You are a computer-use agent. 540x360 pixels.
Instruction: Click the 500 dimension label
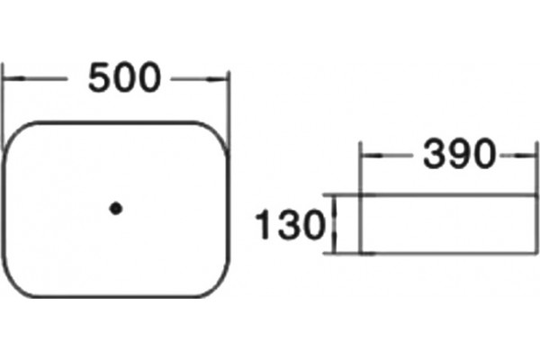[x=125, y=77]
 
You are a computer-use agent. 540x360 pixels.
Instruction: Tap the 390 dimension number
[x=459, y=154]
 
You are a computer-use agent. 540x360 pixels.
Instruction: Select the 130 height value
[x=290, y=224]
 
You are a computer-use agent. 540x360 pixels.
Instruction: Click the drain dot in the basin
[x=116, y=209]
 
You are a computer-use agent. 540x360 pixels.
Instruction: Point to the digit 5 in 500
[x=100, y=77]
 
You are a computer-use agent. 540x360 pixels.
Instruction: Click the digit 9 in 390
[x=459, y=154]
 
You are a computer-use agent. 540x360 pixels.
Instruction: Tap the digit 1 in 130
[x=263, y=224]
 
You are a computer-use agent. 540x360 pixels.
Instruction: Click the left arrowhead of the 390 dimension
[x=372, y=156]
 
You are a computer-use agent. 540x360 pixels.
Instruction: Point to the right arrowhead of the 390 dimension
[x=526, y=156]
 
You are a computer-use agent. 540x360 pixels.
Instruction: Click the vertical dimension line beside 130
[x=333, y=224]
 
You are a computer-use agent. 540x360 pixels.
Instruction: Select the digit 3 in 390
[x=435, y=154]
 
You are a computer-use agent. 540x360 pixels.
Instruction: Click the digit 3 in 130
[x=289, y=224]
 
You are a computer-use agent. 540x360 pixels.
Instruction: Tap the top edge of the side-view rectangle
[x=448, y=195]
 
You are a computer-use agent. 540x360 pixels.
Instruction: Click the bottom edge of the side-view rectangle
[x=448, y=254]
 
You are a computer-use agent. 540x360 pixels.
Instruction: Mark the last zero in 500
[x=149, y=77]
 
